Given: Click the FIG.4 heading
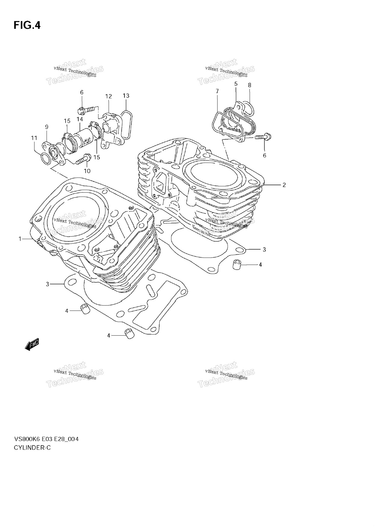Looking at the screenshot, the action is point(27,25).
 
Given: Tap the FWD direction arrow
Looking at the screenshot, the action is point(32,345).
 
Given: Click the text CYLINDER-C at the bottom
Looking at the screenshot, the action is point(32,447).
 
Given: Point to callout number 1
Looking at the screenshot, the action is point(20,239).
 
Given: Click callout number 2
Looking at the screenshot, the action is point(284,185).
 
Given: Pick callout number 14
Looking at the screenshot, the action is point(80,119).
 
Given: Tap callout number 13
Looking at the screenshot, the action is point(126,96).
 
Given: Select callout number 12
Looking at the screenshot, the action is point(109,96).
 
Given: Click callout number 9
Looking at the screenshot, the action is point(47,127).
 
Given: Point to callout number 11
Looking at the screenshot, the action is point(34,138).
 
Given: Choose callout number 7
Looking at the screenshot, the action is point(217,91).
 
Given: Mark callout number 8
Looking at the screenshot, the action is point(250,85).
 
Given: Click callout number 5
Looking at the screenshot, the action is point(236,84).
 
